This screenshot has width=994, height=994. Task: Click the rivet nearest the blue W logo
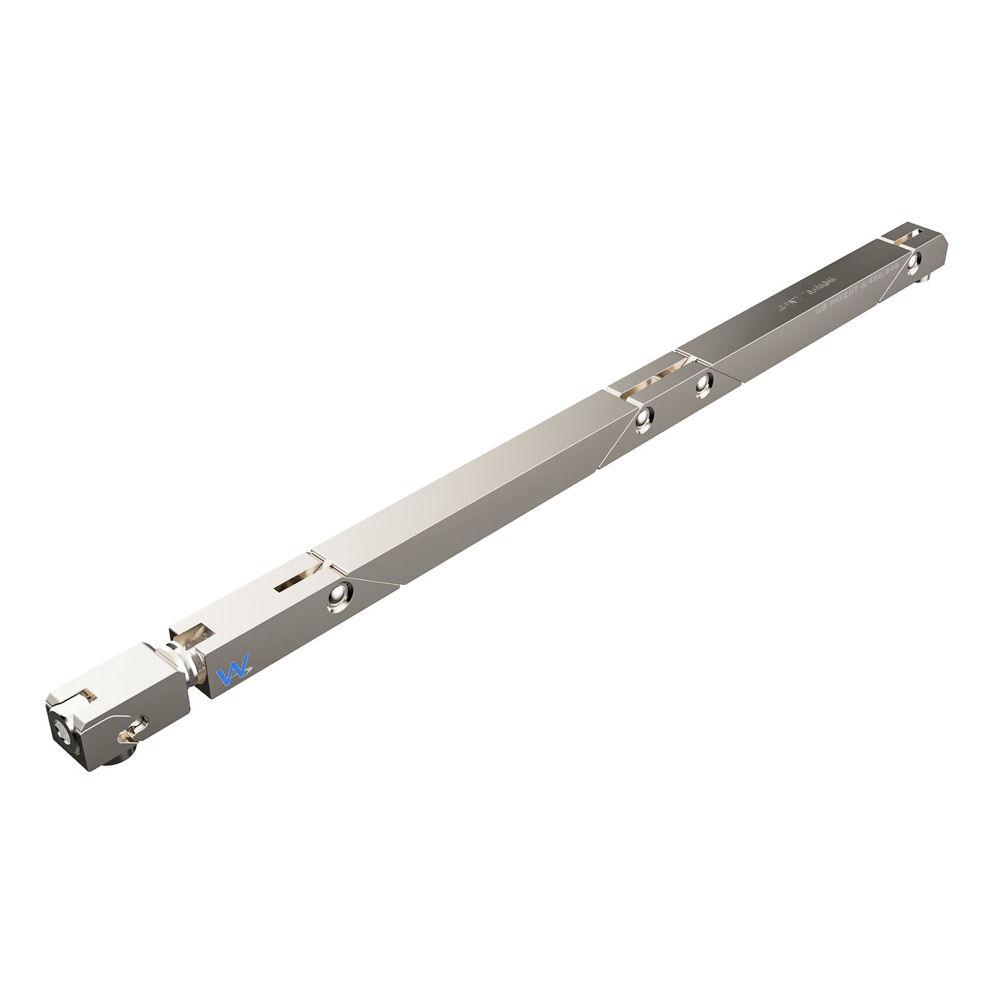click(339, 596)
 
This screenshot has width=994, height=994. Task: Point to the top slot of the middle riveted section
click(650, 382)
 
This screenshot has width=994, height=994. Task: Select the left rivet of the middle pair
click(644, 419)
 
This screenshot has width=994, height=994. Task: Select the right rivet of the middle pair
click(702, 386)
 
